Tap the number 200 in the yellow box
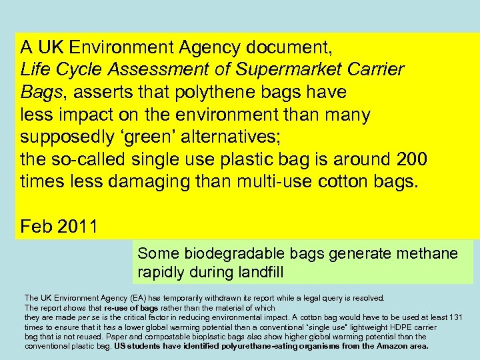click(413, 160)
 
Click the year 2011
click(78, 227)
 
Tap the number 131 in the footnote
click(455, 317)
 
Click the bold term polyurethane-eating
click(219, 346)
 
